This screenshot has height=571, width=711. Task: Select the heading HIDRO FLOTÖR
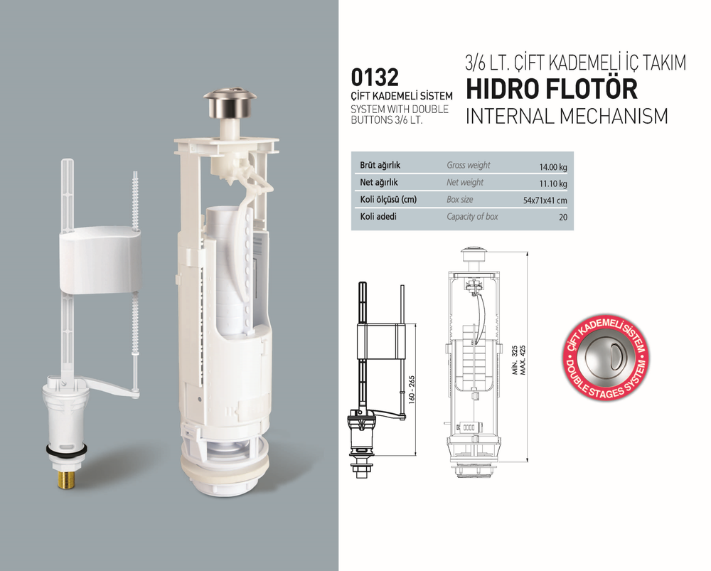[551, 89]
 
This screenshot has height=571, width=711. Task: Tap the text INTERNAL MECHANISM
[567, 116]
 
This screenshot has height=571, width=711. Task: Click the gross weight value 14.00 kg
[552, 167]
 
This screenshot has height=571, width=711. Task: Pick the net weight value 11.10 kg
[552, 184]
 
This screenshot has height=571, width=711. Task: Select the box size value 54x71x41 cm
[545, 201]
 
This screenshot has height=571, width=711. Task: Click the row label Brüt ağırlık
[380, 166]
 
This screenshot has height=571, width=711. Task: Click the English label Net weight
[465, 183]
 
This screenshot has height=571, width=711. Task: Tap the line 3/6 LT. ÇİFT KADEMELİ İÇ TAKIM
[575, 63]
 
